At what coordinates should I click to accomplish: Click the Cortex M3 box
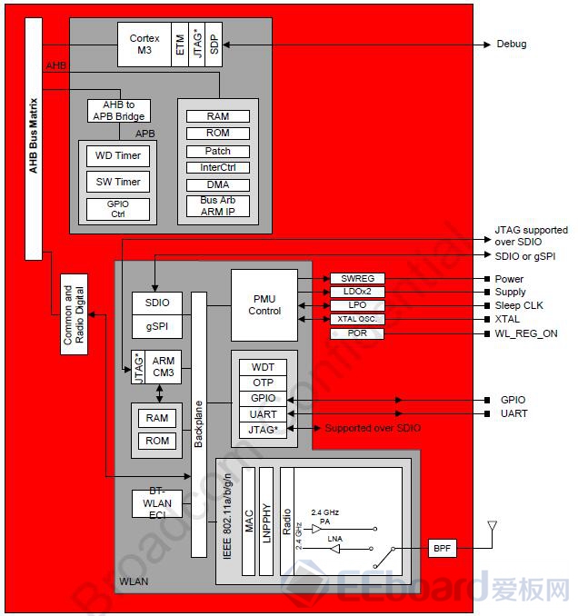pyautogui.click(x=144, y=44)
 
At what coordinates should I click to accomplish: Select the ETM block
pyautogui.click(x=180, y=44)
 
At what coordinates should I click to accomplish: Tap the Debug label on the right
pyautogui.click(x=511, y=44)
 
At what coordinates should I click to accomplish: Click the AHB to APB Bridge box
pyautogui.click(x=118, y=110)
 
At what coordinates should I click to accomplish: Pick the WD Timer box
pyautogui.click(x=118, y=155)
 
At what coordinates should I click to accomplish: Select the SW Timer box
pyautogui.click(x=118, y=182)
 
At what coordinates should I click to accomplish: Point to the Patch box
pyautogui.click(x=218, y=151)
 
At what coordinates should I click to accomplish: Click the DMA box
pyautogui.click(x=218, y=184)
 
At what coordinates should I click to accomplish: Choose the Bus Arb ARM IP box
pyautogui.click(x=218, y=205)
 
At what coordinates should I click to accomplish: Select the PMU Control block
pyautogui.click(x=264, y=304)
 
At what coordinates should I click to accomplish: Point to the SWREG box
pyautogui.click(x=357, y=279)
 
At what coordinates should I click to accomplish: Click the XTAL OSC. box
pyautogui.click(x=357, y=320)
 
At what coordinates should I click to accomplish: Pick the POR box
pyautogui.click(x=357, y=333)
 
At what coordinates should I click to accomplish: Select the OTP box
pyautogui.click(x=263, y=383)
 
